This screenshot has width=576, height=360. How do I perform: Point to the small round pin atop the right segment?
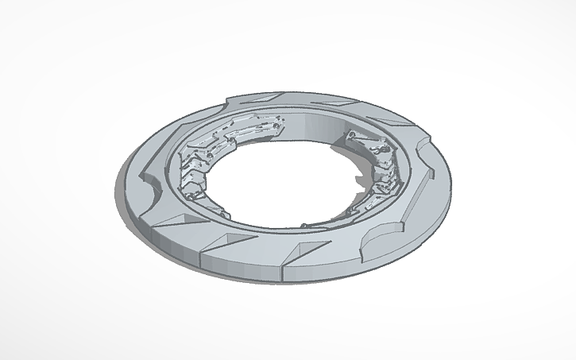[349, 133]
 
